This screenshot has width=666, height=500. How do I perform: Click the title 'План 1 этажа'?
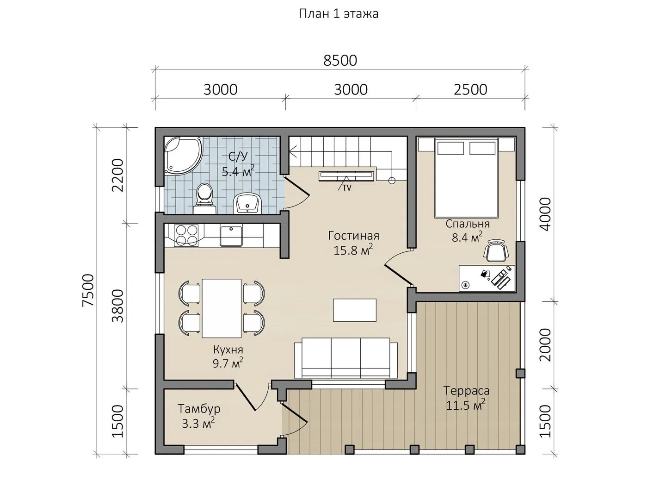coord(338,14)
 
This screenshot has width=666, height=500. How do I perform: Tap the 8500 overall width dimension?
coord(340,60)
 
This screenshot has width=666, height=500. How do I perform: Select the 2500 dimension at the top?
coord(470,89)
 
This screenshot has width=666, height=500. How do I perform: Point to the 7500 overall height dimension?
coord(88,291)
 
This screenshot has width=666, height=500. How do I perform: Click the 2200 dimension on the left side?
coord(118,175)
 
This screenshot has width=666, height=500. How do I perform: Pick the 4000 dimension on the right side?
coord(545,214)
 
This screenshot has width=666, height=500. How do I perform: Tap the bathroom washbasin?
coord(247,203)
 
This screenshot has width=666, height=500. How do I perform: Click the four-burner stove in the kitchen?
coord(186,235)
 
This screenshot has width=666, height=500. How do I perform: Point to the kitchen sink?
coord(231,236)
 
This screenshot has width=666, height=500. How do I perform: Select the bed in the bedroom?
coord(466,178)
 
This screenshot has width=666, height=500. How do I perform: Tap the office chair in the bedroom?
coord(496,250)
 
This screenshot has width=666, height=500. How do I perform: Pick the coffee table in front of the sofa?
coord(354,310)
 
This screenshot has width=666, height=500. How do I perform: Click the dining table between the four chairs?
coord(222,308)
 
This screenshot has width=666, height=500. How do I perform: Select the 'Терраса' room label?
coord(466,390)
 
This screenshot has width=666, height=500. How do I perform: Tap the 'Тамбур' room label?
coord(199,409)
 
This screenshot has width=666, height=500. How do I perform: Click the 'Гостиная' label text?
coord(353,236)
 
